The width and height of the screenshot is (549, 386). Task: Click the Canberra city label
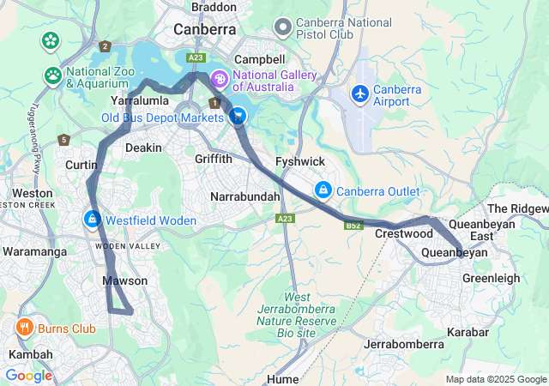pos(204,29)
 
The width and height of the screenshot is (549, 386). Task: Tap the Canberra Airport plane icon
pos(360,92)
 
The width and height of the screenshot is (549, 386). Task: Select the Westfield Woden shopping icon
pos(91,220)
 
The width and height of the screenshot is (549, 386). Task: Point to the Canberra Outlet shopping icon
pos(323,190)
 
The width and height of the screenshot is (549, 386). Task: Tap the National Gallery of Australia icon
pos(220,80)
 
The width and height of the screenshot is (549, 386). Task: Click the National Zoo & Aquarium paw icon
pos(53,75)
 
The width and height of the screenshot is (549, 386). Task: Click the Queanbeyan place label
pos(454,252)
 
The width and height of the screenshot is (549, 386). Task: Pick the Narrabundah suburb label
pos(245,197)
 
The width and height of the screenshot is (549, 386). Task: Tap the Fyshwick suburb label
pos(299,161)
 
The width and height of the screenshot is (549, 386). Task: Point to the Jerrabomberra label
pos(404,344)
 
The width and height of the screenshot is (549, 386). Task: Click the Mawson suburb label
pos(124,280)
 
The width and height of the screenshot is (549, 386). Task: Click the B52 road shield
pos(353,226)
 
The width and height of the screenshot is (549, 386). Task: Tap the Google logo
pos(28,376)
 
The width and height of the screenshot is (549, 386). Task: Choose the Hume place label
pos(282,378)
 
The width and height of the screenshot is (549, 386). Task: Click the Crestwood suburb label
pos(403,233)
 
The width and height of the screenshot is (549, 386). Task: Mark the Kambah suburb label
pos(24,354)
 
